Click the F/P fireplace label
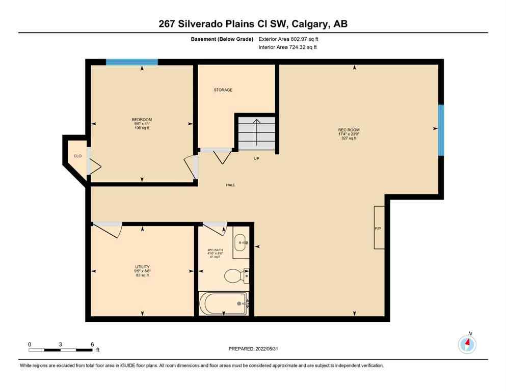point(378,229)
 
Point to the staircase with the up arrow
point(257,132)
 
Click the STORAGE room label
point(223,90)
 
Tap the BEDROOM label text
point(141,120)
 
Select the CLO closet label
point(77,156)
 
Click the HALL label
point(231,185)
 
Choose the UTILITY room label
point(142,266)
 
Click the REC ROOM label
point(349,130)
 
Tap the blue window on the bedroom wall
point(131,62)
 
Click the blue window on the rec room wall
point(441,130)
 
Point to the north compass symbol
point(467,345)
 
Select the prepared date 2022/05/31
point(253,349)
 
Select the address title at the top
point(253,24)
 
